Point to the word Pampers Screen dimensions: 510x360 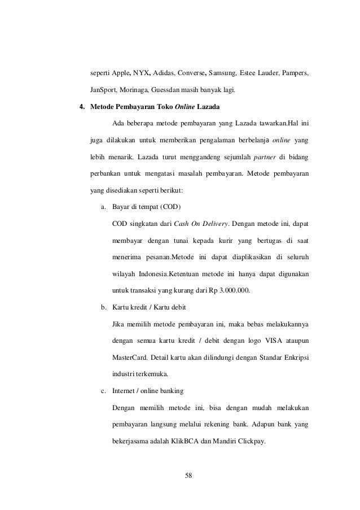tap(295, 74)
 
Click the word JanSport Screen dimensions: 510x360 tap(104, 90)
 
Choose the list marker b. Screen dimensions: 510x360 tap(103, 307)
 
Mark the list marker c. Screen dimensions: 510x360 tap(103, 391)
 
